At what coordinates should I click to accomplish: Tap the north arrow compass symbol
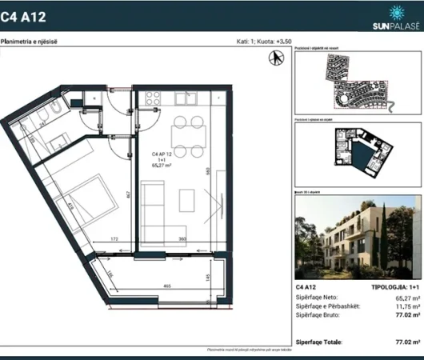[277, 58]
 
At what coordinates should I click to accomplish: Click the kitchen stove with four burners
[153, 99]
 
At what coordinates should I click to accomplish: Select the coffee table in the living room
[186, 199]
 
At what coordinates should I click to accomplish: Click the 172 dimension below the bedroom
[114, 238]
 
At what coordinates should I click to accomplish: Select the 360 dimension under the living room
[182, 238]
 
